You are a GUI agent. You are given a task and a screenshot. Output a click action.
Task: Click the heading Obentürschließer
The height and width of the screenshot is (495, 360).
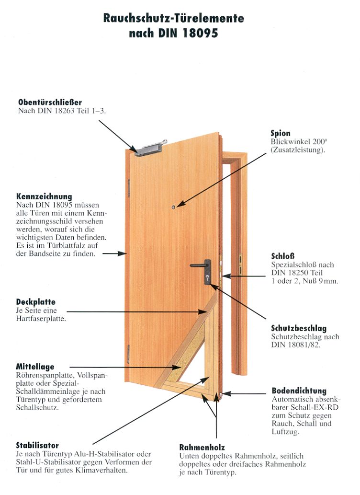pyautogui.click(x=50, y=102)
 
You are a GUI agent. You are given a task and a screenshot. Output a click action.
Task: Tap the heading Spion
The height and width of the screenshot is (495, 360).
pyautogui.click(x=280, y=133)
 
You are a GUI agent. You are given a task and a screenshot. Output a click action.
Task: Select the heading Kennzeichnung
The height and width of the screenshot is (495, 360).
pyautogui.click(x=44, y=196)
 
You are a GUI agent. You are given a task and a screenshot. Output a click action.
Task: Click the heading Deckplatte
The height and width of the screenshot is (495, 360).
pyautogui.click(x=36, y=302)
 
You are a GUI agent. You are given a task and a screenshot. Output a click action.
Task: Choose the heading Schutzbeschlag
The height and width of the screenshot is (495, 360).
pyautogui.click(x=299, y=328)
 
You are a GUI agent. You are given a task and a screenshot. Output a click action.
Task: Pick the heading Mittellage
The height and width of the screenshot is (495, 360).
pyautogui.click(x=35, y=367)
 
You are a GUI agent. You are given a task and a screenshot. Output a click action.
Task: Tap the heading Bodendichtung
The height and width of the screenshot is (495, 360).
pyautogui.click(x=299, y=391)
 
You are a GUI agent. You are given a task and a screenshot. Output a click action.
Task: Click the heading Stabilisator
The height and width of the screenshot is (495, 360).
pyautogui.click(x=37, y=445)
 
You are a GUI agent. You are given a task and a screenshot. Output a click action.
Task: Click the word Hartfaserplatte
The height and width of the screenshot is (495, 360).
pyautogui.click(x=41, y=318)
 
